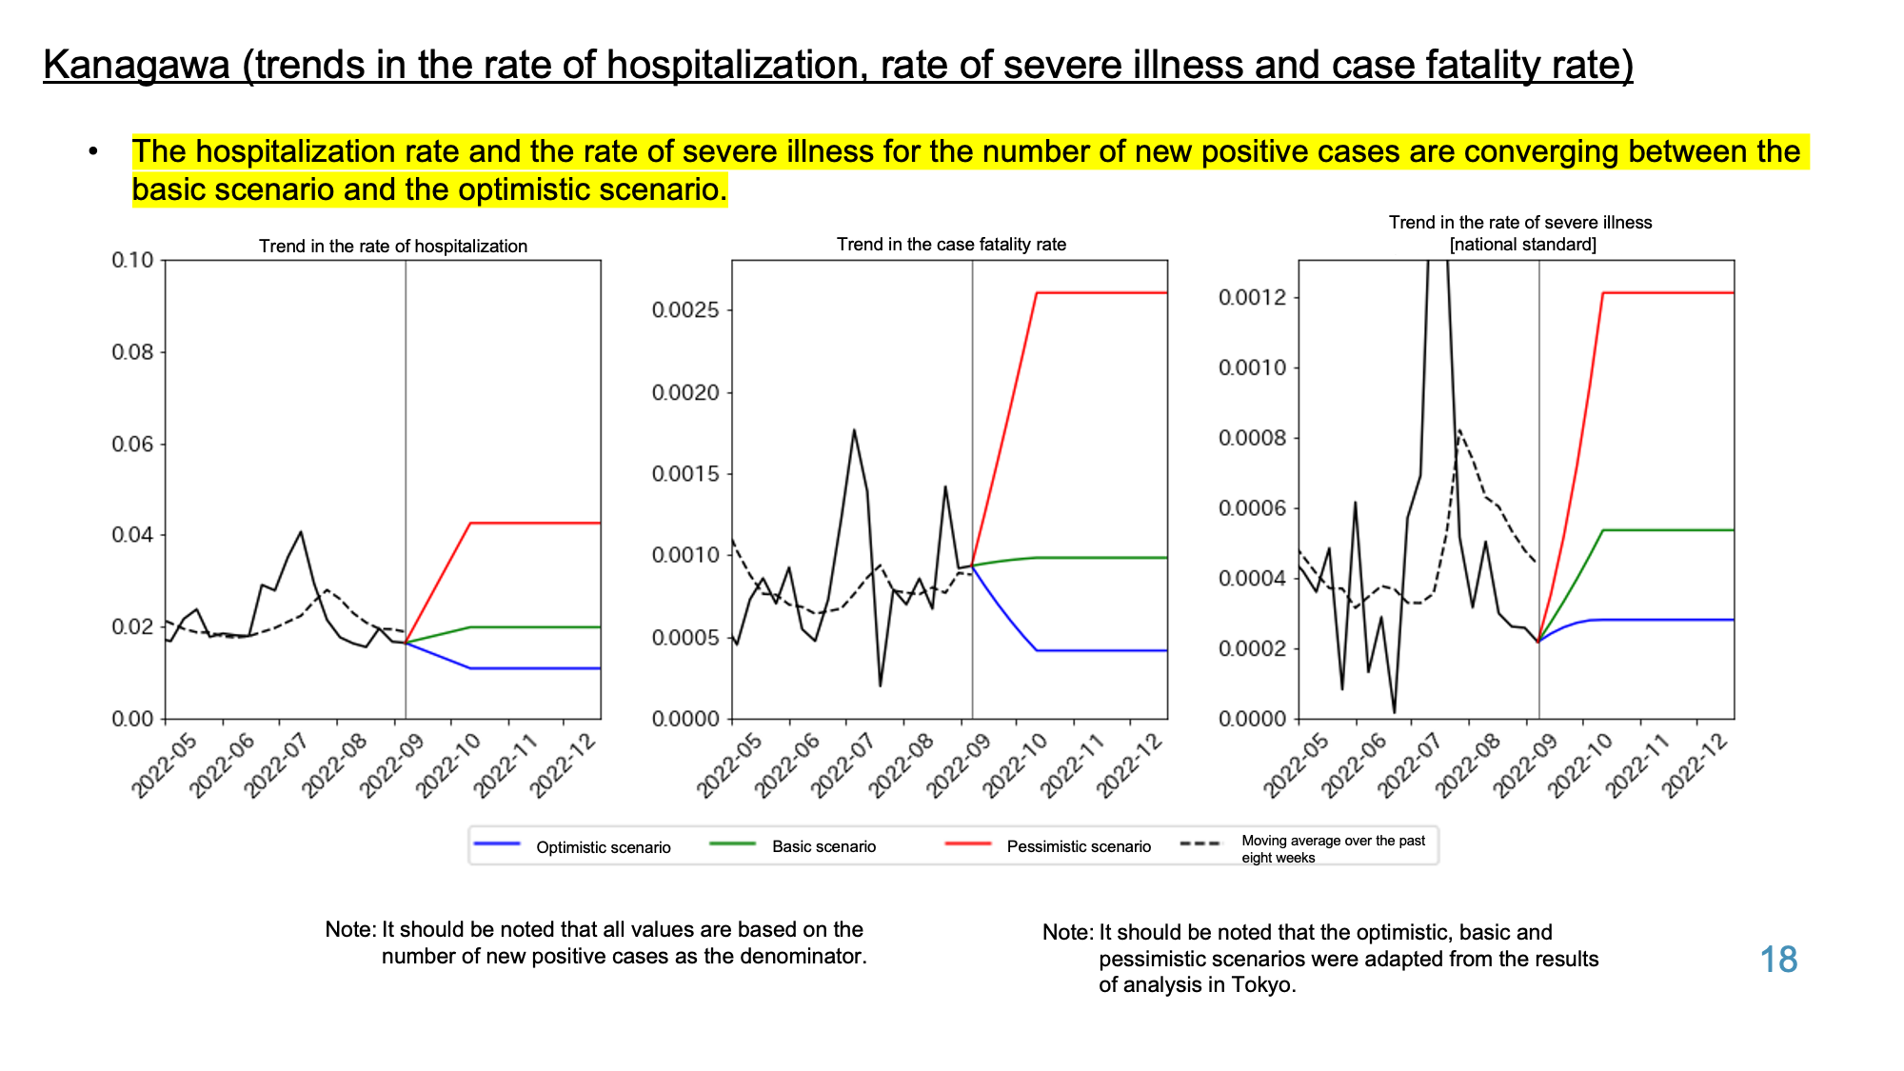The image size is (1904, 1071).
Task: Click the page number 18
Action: (1778, 960)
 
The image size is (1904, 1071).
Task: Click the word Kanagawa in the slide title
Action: (137, 65)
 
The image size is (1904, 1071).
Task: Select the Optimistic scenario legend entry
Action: (572, 846)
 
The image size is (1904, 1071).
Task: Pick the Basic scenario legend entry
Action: (793, 846)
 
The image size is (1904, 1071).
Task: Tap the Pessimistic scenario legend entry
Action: (1047, 846)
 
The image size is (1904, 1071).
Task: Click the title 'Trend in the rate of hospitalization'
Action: (393, 246)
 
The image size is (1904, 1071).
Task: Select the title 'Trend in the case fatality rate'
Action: (951, 244)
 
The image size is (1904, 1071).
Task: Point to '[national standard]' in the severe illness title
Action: (1522, 245)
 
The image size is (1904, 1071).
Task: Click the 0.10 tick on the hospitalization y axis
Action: (132, 260)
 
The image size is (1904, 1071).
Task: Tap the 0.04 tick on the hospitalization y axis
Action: (132, 535)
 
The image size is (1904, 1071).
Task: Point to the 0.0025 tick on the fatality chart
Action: (685, 310)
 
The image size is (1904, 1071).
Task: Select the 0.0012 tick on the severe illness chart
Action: (1253, 298)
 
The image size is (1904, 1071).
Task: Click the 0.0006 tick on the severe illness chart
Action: (1253, 508)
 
